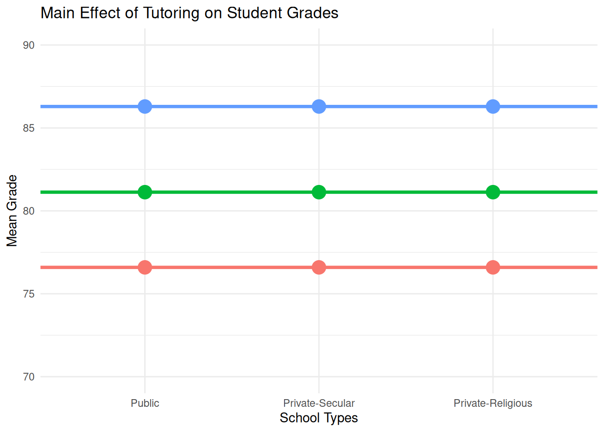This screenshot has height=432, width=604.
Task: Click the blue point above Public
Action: point(145,107)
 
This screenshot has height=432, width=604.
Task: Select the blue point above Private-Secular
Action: point(319,107)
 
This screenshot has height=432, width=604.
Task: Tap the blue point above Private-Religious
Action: point(493,107)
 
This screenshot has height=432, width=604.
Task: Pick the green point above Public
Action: point(145,192)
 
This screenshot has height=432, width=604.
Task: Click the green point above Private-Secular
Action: point(319,192)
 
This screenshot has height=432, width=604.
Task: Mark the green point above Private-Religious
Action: point(493,192)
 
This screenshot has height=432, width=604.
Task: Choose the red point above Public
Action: point(145,267)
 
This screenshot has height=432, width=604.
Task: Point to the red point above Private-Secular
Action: point(319,267)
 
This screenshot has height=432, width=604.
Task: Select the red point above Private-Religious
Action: point(493,267)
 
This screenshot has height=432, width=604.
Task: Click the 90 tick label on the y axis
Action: point(29,45)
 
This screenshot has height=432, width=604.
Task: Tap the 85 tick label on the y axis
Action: point(29,128)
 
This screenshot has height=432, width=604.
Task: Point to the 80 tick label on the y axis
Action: point(29,211)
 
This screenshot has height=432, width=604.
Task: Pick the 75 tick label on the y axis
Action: point(29,294)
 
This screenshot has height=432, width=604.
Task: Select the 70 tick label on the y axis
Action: point(29,377)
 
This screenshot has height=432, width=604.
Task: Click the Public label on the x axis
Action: point(145,403)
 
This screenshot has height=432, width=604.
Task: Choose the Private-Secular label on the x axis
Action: point(319,403)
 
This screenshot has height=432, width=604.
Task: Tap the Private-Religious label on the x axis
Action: point(493,403)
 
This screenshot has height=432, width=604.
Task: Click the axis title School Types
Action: point(319,418)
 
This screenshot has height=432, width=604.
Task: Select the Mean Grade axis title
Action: point(12,211)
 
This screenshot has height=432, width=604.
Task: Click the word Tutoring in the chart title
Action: point(171,13)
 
